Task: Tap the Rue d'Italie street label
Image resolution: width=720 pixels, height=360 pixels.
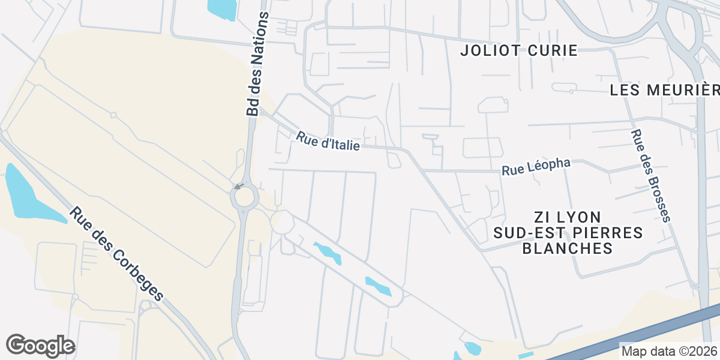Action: [x=328, y=142]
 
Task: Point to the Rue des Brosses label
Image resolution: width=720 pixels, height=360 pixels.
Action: [x=651, y=176]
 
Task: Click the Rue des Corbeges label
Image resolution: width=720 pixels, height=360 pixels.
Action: [x=116, y=254]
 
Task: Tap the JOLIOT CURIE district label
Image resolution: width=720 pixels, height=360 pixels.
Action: [x=518, y=50]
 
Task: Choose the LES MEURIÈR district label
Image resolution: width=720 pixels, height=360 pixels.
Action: [x=664, y=90]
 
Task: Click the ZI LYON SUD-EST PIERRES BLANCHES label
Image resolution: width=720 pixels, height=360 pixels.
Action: [x=568, y=232]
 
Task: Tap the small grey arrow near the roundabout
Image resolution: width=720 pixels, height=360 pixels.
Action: [x=239, y=186]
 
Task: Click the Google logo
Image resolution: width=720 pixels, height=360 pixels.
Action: [x=40, y=345]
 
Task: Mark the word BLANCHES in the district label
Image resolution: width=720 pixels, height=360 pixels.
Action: [x=568, y=248]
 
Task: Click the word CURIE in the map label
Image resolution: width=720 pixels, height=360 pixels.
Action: [x=551, y=50]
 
